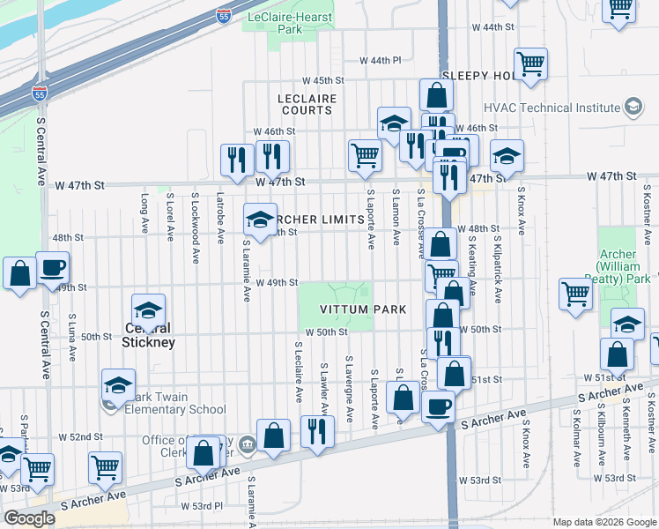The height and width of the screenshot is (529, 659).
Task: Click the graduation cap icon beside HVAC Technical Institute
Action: coord(632,108)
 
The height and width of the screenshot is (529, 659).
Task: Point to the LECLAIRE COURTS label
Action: coord(307,104)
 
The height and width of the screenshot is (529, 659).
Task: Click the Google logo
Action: coord(29,518)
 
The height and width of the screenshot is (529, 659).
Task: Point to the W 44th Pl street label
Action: coord(380,60)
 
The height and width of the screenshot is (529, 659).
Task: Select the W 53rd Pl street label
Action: coord(202,506)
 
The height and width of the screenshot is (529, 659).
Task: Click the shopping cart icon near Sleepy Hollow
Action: coord(530,63)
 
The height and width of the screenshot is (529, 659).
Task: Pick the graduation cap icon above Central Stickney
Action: coord(148,309)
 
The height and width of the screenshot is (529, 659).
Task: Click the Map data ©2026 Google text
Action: coord(603,522)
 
